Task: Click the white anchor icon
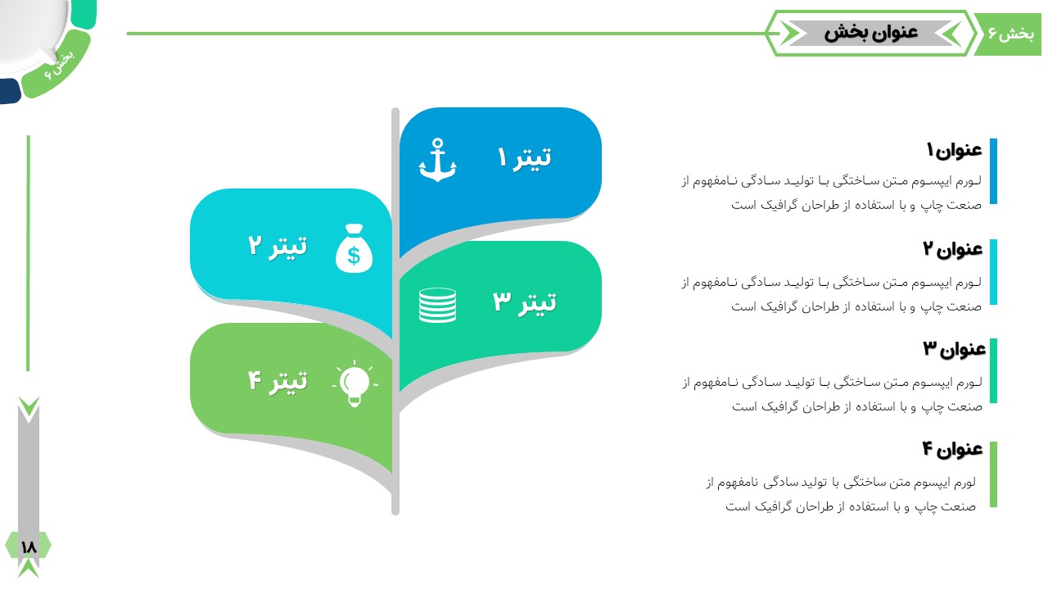pyautogui.click(x=437, y=160)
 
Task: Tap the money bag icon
pyautogui.click(x=355, y=248)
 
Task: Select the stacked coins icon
pyautogui.click(x=437, y=306)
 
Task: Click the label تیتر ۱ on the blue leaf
pyautogui.click(x=525, y=158)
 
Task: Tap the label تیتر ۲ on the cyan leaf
pyautogui.click(x=278, y=246)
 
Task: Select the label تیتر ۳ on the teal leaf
pyautogui.click(x=525, y=302)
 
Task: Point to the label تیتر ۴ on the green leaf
pyautogui.click(x=278, y=381)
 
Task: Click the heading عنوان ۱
pyautogui.click(x=955, y=150)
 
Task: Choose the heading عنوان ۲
pyautogui.click(x=952, y=249)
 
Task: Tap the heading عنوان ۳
pyautogui.click(x=955, y=349)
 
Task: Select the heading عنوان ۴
pyautogui.click(x=952, y=449)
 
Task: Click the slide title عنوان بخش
pyautogui.click(x=871, y=33)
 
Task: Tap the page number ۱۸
pyautogui.click(x=29, y=547)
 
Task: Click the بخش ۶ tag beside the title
pyautogui.click(x=1011, y=34)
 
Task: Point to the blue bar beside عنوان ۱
pyautogui.click(x=994, y=171)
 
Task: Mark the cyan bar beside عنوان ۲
pyautogui.click(x=994, y=272)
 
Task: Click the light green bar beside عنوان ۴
pyautogui.click(x=994, y=474)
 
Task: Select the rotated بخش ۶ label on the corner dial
pyautogui.click(x=60, y=65)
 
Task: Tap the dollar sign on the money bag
pyautogui.click(x=355, y=256)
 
